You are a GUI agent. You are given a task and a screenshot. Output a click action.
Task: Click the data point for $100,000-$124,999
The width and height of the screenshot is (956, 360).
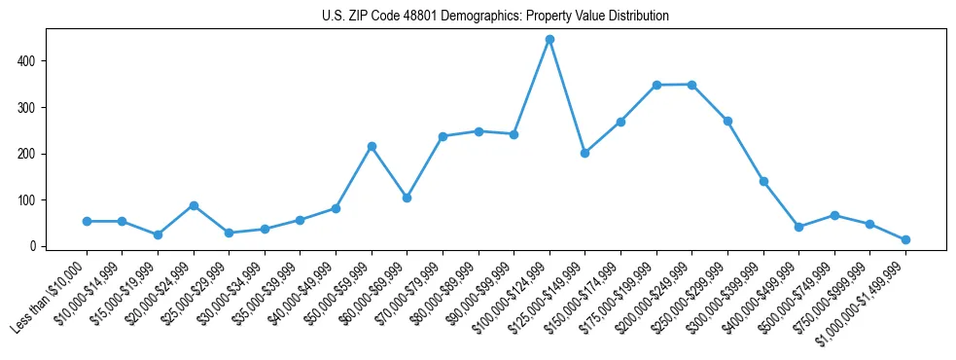point(549,40)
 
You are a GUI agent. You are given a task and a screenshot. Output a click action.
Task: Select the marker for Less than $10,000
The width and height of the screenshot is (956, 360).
point(87,222)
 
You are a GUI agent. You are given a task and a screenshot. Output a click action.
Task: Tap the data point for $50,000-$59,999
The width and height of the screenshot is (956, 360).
point(372,146)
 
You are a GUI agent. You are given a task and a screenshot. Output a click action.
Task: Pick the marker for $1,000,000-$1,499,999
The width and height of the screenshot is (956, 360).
point(905,239)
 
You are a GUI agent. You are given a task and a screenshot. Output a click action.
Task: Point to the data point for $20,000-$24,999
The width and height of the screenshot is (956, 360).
point(194,205)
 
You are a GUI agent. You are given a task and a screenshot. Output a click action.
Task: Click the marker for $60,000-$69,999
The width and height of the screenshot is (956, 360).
point(407,198)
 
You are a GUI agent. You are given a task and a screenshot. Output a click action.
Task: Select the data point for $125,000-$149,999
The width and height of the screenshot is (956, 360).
point(584,153)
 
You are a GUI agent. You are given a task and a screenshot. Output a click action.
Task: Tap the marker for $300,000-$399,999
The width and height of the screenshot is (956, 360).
point(763,181)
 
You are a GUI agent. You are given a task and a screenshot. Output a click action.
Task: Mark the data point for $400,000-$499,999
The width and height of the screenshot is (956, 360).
point(798,227)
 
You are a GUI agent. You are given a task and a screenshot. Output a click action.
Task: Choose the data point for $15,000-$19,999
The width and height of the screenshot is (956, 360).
point(158,234)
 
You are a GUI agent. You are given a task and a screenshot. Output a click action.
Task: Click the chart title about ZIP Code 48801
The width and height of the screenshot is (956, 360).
point(495,17)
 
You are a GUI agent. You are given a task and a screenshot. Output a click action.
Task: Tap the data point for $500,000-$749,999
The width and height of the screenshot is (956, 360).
point(834,215)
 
